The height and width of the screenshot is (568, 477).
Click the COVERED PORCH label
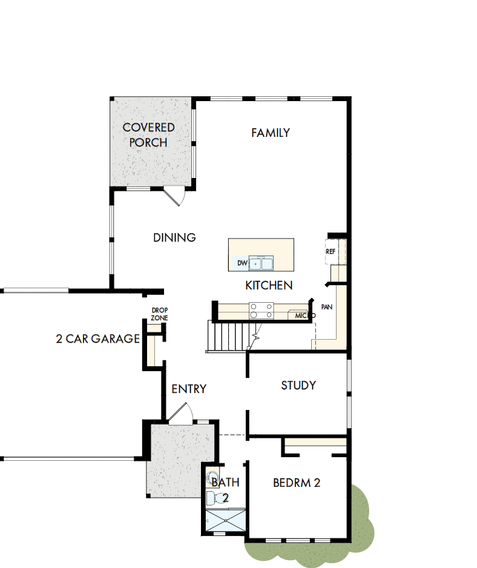[149, 134]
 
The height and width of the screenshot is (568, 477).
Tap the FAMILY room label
[271, 133]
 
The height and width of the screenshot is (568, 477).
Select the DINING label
[174, 237]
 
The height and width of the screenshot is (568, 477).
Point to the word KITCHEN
[269, 285]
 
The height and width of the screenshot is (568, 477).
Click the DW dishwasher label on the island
[242, 263]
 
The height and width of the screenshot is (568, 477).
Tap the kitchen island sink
[263, 263]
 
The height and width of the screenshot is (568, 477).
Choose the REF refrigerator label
[331, 251]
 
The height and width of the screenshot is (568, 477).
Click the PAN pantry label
[327, 307]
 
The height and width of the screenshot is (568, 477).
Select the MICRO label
[304, 315]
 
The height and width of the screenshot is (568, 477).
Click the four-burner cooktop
[261, 311]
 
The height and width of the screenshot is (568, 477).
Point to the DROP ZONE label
[160, 314]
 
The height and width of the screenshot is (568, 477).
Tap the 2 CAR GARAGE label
[97, 338]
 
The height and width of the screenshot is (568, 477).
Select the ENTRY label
[189, 389]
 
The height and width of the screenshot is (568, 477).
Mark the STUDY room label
[298, 385]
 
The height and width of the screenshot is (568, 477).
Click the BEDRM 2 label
[297, 483]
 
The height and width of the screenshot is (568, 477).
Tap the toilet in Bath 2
[212, 498]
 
